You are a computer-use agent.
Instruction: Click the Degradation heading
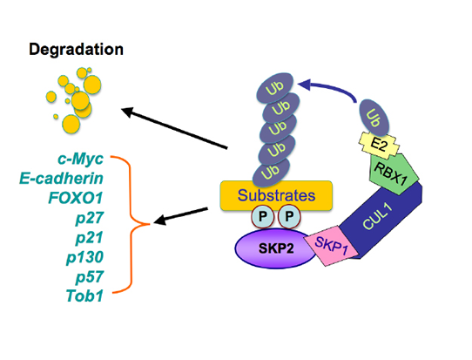click(76, 50)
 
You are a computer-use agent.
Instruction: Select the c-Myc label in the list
click(80, 159)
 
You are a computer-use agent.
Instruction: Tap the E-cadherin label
click(62, 179)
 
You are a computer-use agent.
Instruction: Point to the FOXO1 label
click(76, 198)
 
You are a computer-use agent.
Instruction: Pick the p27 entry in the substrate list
click(90, 218)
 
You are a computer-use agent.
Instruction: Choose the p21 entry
click(90, 238)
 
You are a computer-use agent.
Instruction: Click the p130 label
click(84, 257)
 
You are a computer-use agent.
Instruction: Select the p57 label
click(90, 277)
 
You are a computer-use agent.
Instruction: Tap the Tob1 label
click(84, 295)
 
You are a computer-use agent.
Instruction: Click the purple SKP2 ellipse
click(275, 248)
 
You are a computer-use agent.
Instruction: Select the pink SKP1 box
click(331, 246)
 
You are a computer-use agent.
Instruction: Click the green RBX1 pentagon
click(394, 173)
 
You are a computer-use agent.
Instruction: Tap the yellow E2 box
click(379, 146)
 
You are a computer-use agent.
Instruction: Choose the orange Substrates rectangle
click(276, 195)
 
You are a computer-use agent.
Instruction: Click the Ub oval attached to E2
click(374, 118)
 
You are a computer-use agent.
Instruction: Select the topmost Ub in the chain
click(275, 88)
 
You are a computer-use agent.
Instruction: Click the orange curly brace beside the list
click(130, 224)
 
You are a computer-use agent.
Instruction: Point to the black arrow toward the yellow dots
click(174, 128)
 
